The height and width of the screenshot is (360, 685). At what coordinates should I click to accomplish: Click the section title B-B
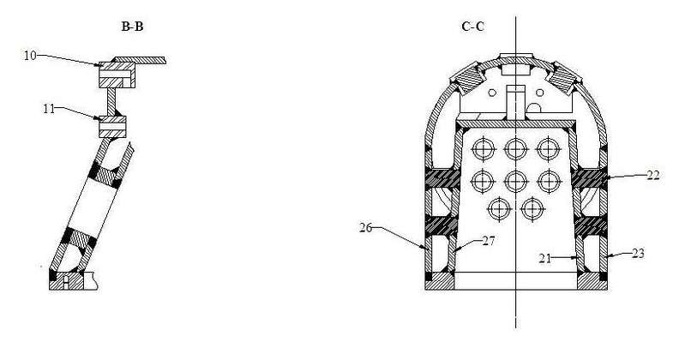pyautogui.click(x=132, y=27)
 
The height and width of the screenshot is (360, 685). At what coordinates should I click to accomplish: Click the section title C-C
pyautogui.click(x=472, y=27)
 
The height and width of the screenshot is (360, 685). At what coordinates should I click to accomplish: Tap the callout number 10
pyautogui.click(x=30, y=56)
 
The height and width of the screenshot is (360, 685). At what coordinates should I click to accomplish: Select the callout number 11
pyautogui.click(x=49, y=109)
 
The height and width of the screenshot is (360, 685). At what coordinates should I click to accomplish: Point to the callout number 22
pyautogui.click(x=653, y=176)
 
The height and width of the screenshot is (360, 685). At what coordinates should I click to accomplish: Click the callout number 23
pyautogui.click(x=638, y=254)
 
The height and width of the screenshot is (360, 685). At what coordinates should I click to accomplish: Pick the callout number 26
pyautogui.click(x=366, y=228)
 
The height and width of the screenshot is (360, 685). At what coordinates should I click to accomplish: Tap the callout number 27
pyautogui.click(x=489, y=241)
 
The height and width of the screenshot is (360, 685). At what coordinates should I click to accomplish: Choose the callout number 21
pyautogui.click(x=544, y=258)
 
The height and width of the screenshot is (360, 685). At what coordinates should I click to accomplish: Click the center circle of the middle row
pyautogui.click(x=516, y=182)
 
